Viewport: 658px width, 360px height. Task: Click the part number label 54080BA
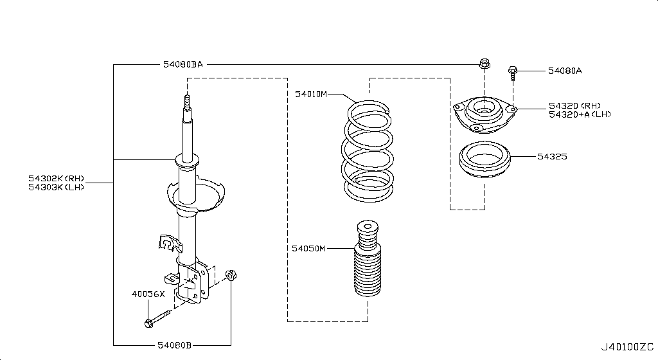point(182,64)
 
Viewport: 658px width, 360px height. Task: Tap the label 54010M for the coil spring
point(311,94)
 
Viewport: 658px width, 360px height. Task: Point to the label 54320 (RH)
point(574,105)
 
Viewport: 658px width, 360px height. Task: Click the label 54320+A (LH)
point(579,114)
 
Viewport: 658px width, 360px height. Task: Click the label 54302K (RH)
point(56,178)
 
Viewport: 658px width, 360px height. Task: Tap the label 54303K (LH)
point(56,187)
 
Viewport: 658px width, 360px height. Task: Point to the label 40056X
point(148,294)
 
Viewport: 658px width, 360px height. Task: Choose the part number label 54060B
point(174,345)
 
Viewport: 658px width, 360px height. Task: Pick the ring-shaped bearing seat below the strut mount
point(484,161)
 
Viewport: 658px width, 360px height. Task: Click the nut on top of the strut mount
point(484,64)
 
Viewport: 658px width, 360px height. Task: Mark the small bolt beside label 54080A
point(513,72)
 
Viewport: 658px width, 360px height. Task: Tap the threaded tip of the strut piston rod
point(187,102)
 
